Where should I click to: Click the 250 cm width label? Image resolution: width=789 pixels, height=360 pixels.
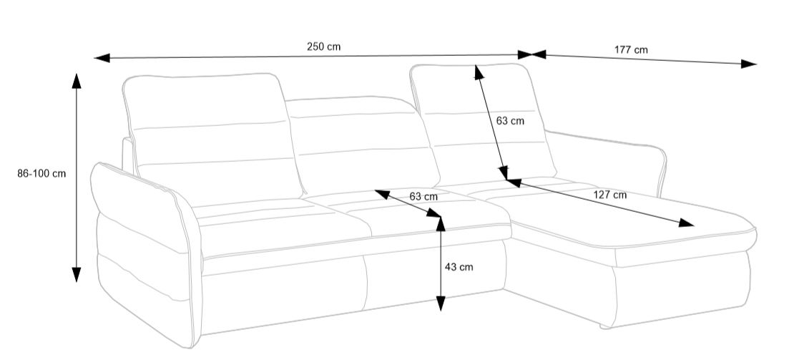pyautogui.click(x=323, y=47)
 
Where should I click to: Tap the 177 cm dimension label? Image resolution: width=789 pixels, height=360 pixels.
pyautogui.click(x=631, y=50)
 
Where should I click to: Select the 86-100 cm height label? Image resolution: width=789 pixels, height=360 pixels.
pyautogui.click(x=41, y=174)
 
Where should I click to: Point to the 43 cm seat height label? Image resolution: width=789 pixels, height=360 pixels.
pyautogui.click(x=459, y=267)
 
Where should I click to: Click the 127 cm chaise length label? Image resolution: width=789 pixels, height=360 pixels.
pyautogui.click(x=610, y=195)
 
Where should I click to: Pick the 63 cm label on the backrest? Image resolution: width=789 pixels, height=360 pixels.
pyautogui.click(x=510, y=121)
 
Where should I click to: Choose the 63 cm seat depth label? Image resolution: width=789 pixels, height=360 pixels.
pyautogui.click(x=423, y=196)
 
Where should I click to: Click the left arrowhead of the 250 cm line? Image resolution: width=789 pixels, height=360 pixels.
pyautogui.click(x=102, y=58)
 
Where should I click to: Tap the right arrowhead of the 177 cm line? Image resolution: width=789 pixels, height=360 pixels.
pyautogui.click(x=749, y=64)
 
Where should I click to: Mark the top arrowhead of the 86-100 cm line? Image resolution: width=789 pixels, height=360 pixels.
pyautogui.click(x=77, y=81)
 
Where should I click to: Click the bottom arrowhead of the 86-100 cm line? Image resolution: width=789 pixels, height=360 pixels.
pyautogui.click(x=77, y=274)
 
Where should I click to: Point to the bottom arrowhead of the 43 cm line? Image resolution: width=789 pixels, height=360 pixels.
pyautogui.click(x=441, y=303)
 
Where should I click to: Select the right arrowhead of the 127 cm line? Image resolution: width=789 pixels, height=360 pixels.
pyautogui.click(x=686, y=223)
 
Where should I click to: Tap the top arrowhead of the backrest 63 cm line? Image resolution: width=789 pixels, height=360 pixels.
pyautogui.click(x=479, y=72)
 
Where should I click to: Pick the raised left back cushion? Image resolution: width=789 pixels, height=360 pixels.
pyautogui.click(x=214, y=135)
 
